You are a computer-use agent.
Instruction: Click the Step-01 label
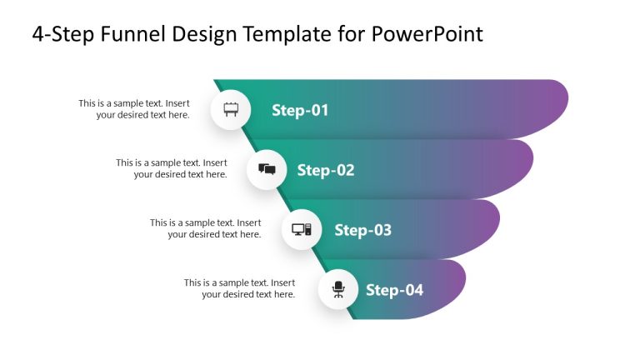tap(300, 110)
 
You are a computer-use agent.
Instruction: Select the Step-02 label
tap(326, 170)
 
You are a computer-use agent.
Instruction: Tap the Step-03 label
tap(362, 230)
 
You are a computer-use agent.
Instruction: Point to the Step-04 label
tap(394, 290)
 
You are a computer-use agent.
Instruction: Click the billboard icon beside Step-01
tap(231, 110)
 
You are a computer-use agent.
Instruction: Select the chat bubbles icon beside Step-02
tap(267, 170)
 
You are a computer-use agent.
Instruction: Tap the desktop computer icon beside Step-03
tap(302, 230)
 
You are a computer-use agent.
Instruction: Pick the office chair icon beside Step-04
tap(338, 290)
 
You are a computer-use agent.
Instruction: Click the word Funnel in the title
tap(135, 34)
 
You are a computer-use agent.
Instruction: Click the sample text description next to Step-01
tap(134, 109)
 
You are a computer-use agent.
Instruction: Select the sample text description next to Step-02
tap(171, 168)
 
